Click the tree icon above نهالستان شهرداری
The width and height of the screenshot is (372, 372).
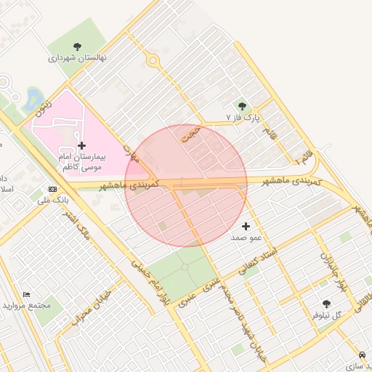(78, 46)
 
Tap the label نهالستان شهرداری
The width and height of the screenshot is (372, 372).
(78, 57)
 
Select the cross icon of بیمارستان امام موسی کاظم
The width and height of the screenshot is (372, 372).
(81, 145)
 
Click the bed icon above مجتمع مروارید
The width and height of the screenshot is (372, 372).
(27, 294)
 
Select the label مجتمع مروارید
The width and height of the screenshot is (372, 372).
(27, 305)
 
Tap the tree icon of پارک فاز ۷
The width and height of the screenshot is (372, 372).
(243, 106)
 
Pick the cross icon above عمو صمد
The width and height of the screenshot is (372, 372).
(246, 226)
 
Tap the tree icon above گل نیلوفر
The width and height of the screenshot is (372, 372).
(325, 304)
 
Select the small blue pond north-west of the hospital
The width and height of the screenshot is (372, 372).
(32, 98)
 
